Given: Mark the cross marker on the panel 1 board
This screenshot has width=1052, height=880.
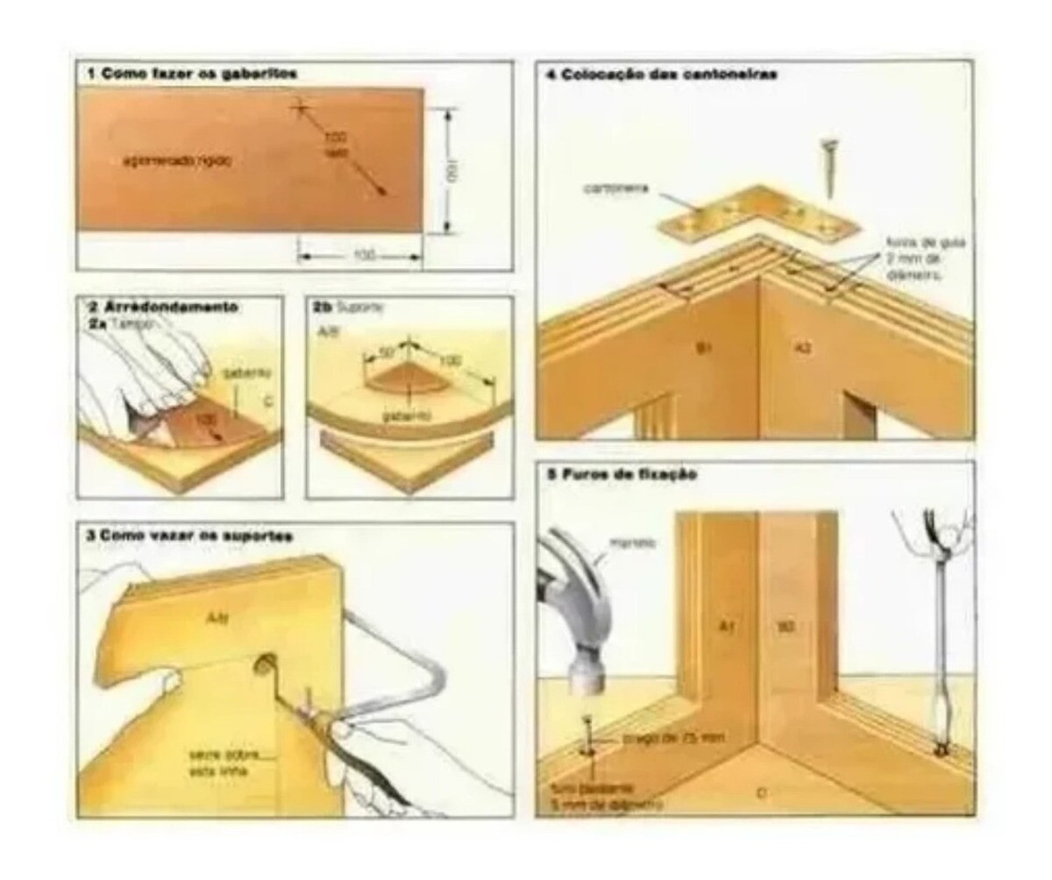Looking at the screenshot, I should pyautogui.click(x=301, y=107).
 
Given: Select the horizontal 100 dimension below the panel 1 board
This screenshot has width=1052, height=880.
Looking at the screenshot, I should pyautogui.click(x=362, y=255).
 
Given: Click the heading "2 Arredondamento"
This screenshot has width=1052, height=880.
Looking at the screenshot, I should pyautogui.click(x=163, y=308).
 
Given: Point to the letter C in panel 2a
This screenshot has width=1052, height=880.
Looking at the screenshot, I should pyautogui.click(x=266, y=404).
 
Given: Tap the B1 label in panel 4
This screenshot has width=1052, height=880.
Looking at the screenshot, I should pyautogui.click(x=702, y=349).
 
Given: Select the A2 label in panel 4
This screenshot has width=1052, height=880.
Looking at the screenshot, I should pyautogui.click(x=803, y=349).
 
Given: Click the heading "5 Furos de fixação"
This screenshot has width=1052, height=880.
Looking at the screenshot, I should pyautogui.click(x=621, y=474).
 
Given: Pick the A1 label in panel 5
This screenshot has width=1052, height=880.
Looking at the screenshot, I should pyautogui.click(x=727, y=627).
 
